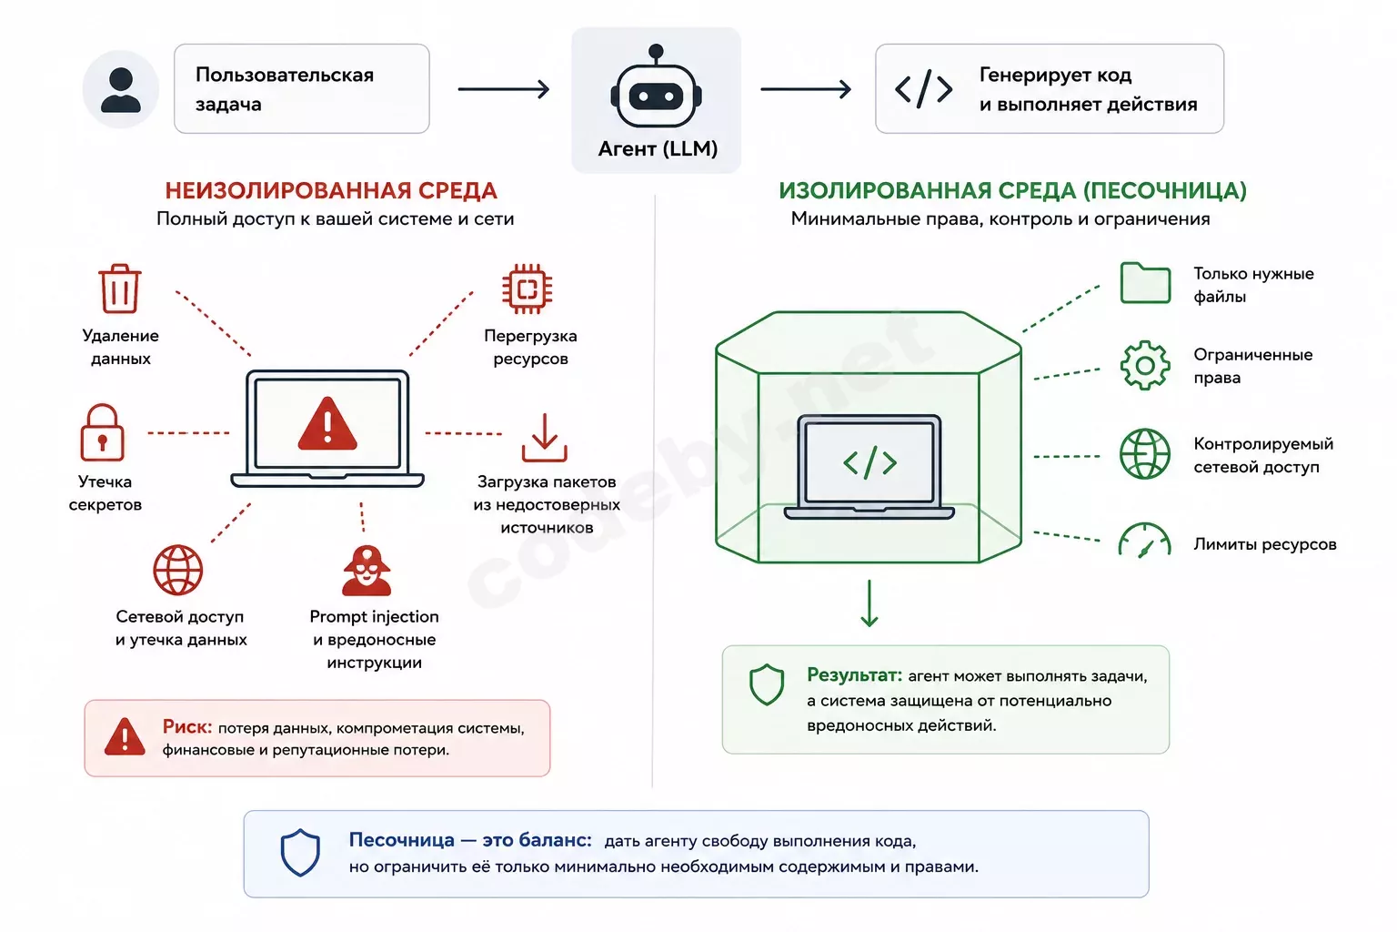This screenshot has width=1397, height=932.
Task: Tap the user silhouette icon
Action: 120,90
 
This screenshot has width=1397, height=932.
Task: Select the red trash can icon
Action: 120,289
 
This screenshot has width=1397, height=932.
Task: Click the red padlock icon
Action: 102,432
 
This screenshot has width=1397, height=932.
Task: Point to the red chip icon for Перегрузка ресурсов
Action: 527,289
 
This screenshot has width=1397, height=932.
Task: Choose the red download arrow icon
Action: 545,438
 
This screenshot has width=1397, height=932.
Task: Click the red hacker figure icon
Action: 367,571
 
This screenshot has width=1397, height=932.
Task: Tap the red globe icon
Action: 177,570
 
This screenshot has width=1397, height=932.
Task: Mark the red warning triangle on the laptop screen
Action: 327,424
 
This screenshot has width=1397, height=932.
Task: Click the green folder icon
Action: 1145,283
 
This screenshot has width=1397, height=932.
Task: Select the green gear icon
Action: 1145,365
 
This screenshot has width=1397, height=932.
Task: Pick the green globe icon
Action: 1145,454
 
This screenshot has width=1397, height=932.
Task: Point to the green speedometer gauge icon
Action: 1145,541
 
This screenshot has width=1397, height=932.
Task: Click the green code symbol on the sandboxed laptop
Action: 869,462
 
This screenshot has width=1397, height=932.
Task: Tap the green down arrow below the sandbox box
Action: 869,603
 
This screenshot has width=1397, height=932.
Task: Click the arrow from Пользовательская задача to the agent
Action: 504,89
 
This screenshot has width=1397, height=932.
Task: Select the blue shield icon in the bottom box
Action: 300,853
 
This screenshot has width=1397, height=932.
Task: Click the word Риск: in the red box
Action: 187,726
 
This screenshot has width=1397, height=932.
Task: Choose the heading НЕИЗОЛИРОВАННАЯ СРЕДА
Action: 331,190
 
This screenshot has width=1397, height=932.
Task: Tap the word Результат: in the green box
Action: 854,674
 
